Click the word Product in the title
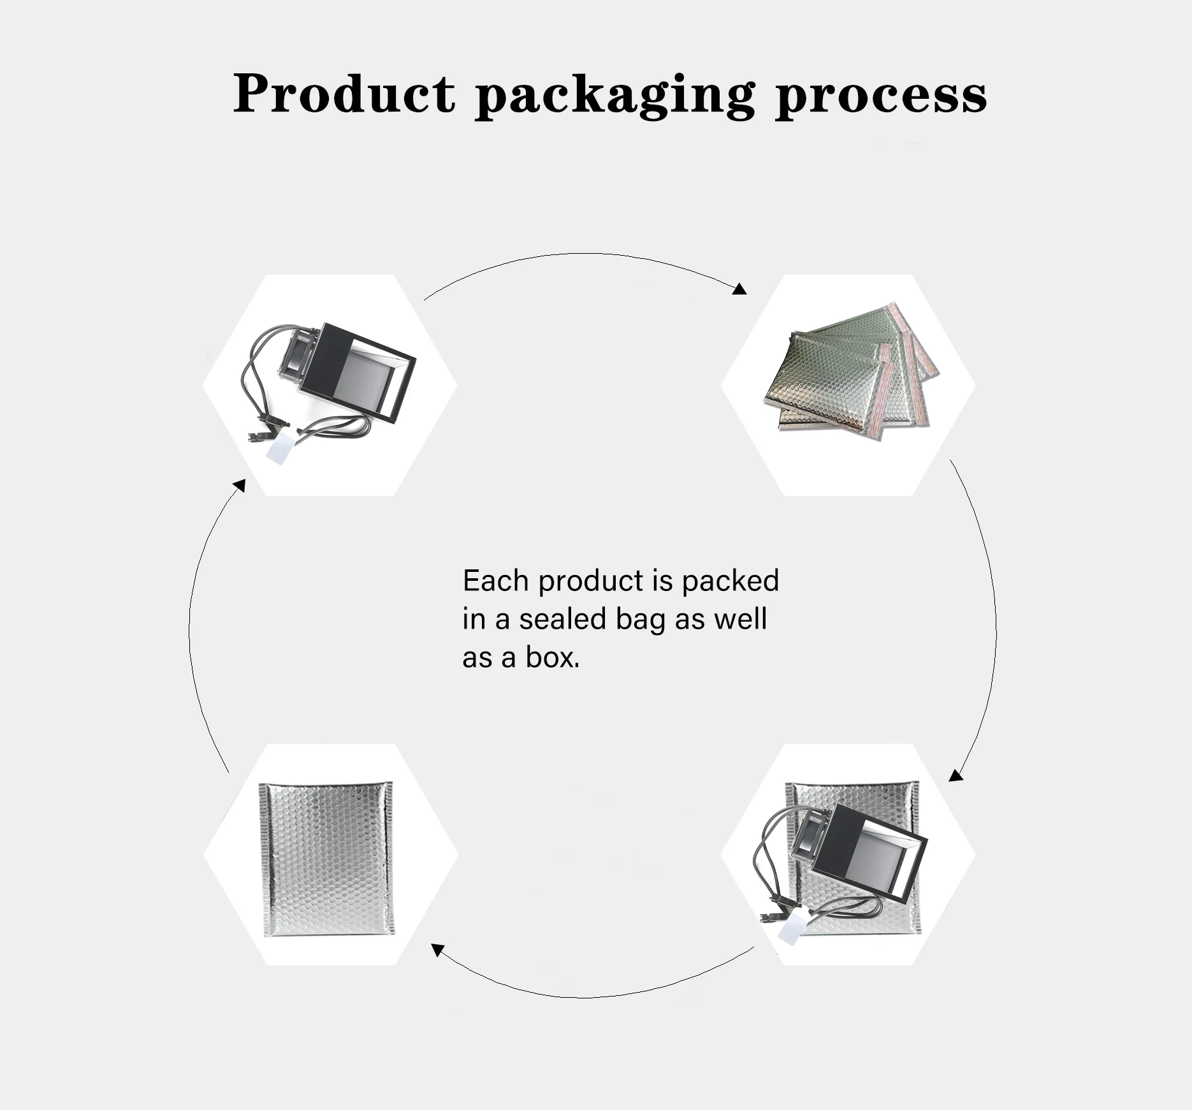pos(344,94)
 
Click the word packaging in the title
pos(615,96)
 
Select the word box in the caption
pos(553,657)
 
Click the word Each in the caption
pos(495,581)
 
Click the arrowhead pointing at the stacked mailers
pos(739,289)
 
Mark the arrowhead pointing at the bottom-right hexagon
pos(955,775)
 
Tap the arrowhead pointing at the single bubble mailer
pos(437,950)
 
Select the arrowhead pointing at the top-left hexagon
pos(240,486)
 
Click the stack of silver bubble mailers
pos(847,376)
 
